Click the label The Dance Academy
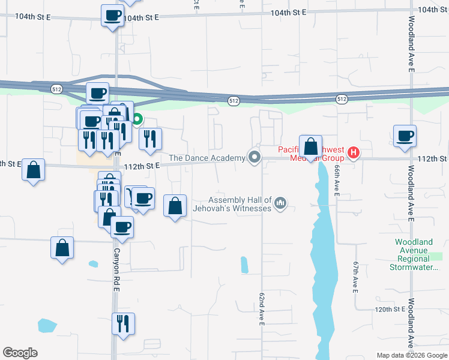[x=207, y=158]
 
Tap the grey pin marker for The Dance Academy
[x=255, y=158]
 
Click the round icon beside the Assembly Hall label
[x=280, y=205]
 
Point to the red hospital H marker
[x=354, y=153]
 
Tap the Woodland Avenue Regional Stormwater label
[x=414, y=254]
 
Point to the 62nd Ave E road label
[x=262, y=310]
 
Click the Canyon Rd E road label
[x=116, y=271]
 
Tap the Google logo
[x=20, y=353]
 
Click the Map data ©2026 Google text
[x=412, y=355]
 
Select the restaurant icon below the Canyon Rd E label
[x=123, y=324]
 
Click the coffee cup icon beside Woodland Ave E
[x=405, y=136]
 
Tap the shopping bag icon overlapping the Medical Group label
[x=310, y=146]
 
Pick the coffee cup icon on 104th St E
[x=112, y=16]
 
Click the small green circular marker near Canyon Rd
[x=137, y=119]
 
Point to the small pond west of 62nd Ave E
[x=244, y=265]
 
